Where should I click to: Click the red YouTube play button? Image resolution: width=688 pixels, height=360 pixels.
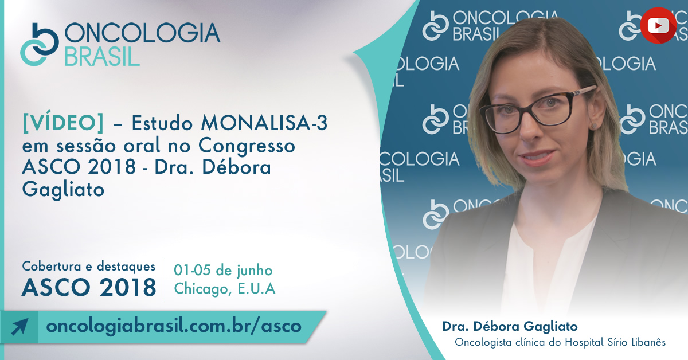coord(658,25)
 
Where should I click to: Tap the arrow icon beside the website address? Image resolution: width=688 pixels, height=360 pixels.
coord(19,327)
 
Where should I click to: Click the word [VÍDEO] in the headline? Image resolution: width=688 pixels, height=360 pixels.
coord(63,123)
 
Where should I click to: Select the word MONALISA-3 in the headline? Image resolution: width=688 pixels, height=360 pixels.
coord(264,123)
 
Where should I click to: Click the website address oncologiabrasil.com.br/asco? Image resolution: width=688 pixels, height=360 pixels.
coord(174,326)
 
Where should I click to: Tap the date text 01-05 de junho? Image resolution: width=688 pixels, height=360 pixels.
coord(223,271)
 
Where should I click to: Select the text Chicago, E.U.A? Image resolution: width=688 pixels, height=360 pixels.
coord(225,288)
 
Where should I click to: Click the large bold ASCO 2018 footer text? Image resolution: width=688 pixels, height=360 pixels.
coord(89,288)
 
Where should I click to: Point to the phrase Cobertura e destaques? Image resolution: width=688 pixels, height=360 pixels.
coord(89,267)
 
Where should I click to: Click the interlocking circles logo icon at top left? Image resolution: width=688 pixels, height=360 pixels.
coord(40,44)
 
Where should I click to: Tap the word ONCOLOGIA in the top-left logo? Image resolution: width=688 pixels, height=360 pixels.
coord(142,33)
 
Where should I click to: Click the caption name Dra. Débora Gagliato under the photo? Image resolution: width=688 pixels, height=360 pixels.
coord(510,326)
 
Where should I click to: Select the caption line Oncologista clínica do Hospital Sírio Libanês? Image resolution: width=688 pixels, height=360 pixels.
coord(560,342)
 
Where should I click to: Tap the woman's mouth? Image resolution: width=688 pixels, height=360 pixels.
coord(538,157)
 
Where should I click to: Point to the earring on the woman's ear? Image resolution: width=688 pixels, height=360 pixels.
coord(595,126)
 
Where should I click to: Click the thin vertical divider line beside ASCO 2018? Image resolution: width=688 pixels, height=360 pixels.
coord(165,280)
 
